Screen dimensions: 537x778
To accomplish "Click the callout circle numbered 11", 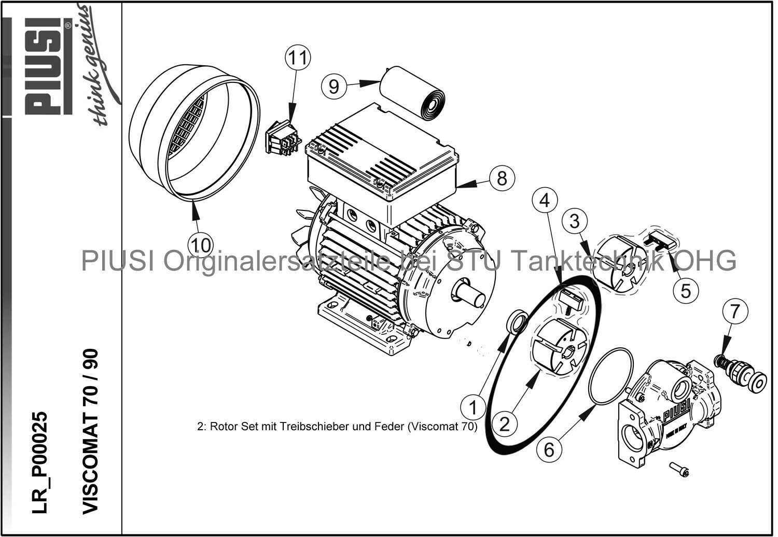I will point(298,58).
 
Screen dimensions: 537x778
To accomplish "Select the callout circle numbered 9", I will point(334,86).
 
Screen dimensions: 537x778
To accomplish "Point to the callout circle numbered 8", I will point(501,178).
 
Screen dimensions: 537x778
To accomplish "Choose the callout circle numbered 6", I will point(549,449).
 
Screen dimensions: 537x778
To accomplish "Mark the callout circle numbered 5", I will point(686,290).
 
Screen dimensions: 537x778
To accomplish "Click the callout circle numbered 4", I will point(545,200).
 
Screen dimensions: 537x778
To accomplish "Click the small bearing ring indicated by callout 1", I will point(518,322).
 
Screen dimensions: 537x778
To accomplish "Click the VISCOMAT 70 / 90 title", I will point(90,430).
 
